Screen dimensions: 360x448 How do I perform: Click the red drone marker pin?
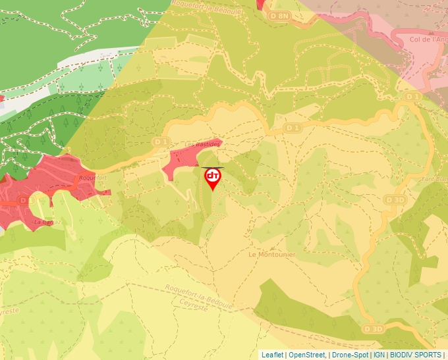tap(212, 178)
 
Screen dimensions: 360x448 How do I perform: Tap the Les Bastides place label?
tap(197, 144)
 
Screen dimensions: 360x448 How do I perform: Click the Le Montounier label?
tap(271, 254)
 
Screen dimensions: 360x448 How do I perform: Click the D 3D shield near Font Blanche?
tap(395, 199)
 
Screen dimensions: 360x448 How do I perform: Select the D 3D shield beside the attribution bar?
tap(372, 328)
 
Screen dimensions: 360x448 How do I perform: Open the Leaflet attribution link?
tap(272, 355)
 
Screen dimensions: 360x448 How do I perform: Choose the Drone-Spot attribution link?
tap(350, 355)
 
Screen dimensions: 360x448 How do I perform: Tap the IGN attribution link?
tap(379, 355)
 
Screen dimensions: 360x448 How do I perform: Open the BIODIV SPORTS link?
tap(415, 355)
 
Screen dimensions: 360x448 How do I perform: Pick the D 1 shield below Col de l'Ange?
tap(412, 96)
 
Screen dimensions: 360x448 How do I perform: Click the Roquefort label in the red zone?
tap(92, 178)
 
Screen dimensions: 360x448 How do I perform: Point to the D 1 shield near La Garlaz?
tap(24, 199)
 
